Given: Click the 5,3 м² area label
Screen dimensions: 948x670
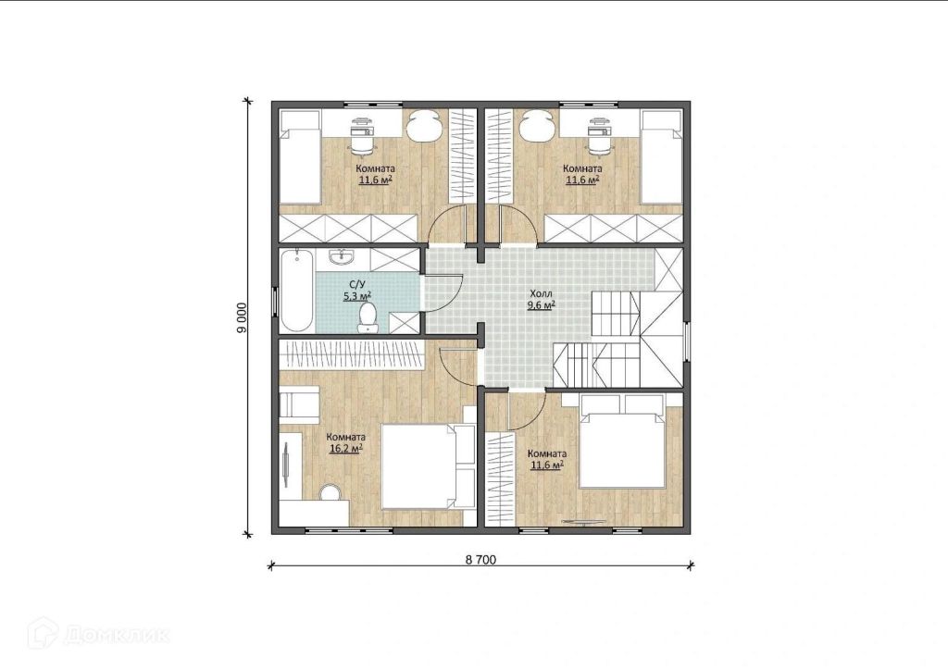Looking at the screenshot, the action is tap(356, 296).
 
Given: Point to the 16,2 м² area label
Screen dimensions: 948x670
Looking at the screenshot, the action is tap(346, 448).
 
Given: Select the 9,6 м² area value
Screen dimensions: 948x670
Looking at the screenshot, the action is tap(541, 305).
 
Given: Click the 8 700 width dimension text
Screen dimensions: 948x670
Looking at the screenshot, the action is tap(480, 560).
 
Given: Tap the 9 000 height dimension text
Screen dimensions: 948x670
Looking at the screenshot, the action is tap(242, 317).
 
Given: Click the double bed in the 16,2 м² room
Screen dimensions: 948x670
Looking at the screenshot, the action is tap(419, 467).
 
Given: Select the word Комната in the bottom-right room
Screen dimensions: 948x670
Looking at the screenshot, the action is tap(547, 454).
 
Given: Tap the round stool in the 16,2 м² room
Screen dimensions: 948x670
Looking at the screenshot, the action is tap(331, 491).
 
